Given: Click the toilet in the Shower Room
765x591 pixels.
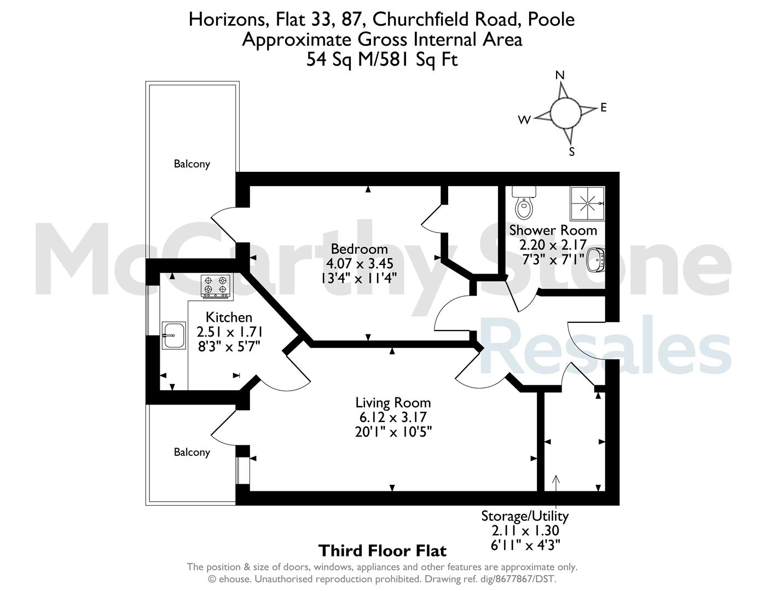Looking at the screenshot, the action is [524, 202].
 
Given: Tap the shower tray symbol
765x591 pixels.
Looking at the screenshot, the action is [587, 204].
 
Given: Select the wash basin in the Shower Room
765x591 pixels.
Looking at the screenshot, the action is [596, 260].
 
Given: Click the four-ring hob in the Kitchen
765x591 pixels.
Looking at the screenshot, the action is [216, 285].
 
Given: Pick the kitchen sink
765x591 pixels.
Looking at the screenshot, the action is [173, 335].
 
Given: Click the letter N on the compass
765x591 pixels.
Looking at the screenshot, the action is [560, 75].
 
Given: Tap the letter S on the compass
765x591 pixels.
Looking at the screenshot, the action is [572, 152].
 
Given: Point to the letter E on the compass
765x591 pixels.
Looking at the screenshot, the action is [604, 108].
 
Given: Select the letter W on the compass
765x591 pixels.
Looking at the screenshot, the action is [524, 120].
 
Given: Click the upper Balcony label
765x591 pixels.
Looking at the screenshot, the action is [192, 164].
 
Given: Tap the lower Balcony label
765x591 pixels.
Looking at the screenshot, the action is [192, 453].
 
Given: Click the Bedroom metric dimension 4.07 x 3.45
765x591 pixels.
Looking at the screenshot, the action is [360, 263].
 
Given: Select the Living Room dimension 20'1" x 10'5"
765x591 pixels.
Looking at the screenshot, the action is [393, 431].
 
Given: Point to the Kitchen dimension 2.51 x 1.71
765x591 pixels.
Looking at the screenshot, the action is [229, 332].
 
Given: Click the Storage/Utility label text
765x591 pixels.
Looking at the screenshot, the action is [525, 516].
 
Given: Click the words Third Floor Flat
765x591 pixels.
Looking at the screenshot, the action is [382, 551].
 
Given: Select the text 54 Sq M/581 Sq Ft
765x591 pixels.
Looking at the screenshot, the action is [382, 59].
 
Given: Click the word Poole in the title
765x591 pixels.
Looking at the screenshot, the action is [551, 19].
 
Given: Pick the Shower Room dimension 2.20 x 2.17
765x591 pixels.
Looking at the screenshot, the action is [553, 245].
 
